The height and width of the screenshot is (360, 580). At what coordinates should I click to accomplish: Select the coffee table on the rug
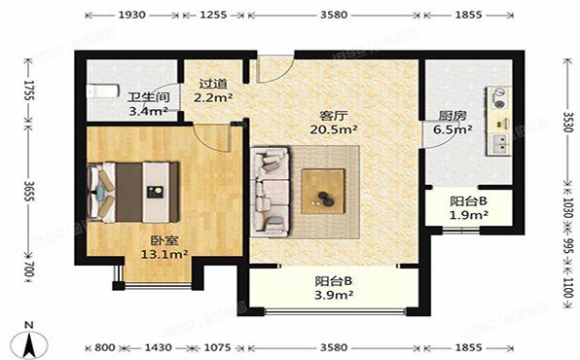click(x=322, y=188)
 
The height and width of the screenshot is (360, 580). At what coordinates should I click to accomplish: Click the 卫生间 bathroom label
click(x=148, y=97)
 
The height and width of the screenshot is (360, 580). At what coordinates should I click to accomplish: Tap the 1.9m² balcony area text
click(x=468, y=215)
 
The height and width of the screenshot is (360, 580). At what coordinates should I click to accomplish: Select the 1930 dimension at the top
click(x=130, y=17)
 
